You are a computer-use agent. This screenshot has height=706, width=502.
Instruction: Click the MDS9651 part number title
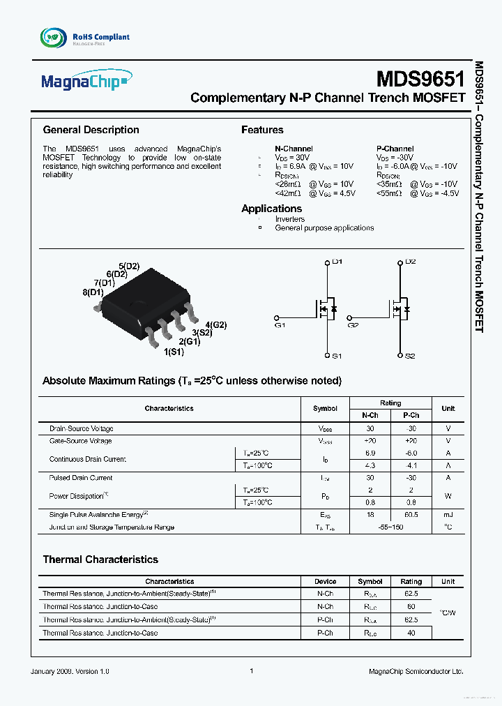coord(420,77)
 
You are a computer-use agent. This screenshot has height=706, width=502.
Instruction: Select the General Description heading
coord(91,130)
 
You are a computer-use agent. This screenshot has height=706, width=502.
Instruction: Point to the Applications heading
coord(271,209)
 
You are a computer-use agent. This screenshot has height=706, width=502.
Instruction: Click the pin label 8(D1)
coord(93,292)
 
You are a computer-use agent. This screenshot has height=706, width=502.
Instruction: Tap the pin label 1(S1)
coord(174,352)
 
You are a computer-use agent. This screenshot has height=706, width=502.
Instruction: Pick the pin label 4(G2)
coord(215,324)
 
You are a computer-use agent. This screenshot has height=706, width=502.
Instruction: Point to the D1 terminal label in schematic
coord(337,262)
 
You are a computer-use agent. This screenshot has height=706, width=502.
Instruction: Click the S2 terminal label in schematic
coord(410,356)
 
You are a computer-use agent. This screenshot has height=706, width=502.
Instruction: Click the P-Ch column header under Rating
coord(411,415)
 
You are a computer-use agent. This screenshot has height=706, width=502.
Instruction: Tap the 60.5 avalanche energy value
coord(411,514)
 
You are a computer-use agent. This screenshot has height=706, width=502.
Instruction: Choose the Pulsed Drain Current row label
coord(81,478)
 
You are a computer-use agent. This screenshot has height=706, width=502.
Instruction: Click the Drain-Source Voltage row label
coord(81,428)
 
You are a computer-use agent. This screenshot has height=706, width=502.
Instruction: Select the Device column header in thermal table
coord(325,581)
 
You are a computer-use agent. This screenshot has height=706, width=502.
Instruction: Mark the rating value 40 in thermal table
coord(411,633)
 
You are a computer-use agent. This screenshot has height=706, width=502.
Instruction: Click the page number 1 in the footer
coord(251,671)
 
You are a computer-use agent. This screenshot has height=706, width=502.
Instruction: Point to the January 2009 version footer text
coord(70,671)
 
